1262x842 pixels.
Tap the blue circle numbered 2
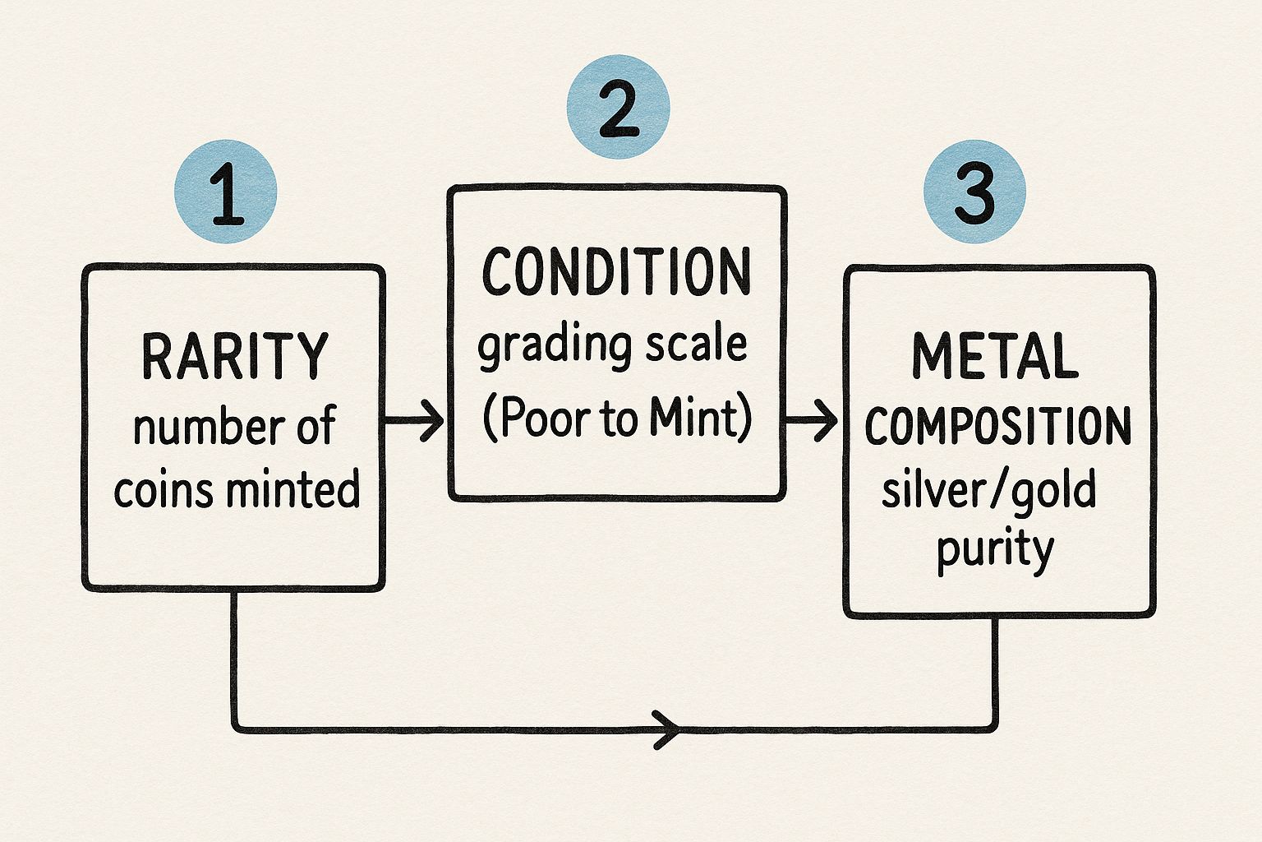coord(618,107)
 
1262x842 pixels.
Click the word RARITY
coord(235,357)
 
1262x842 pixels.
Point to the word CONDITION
coord(616,272)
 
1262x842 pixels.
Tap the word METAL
coord(995,357)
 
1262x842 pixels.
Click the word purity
coord(995,549)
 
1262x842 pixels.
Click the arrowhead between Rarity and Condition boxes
coord(431,421)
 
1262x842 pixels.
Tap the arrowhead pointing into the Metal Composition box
coord(826,421)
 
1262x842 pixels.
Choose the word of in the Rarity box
coord(315,426)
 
